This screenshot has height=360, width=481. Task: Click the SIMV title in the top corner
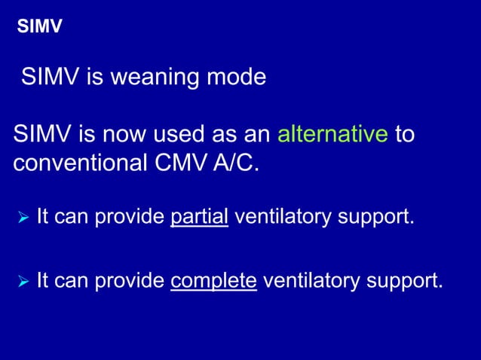click(x=39, y=28)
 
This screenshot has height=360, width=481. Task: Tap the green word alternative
click(x=332, y=136)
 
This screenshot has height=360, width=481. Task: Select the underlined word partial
click(x=200, y=218)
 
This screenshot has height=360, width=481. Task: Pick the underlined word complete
click(x=214, y=281)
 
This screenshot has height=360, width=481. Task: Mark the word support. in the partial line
click(x=377, y=219)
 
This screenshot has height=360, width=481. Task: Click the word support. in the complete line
click(x=406, y=282)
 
